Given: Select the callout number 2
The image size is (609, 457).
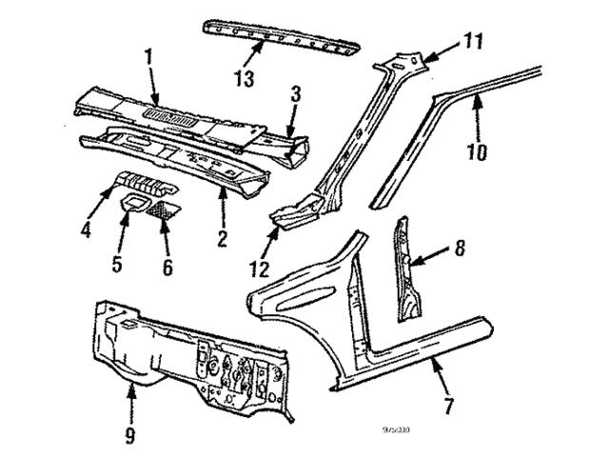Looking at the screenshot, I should (221, 237).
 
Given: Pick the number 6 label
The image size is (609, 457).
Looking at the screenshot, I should (167, 268).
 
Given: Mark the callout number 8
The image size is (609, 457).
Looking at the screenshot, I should (461, 249).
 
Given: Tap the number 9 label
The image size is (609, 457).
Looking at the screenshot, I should (129, 436).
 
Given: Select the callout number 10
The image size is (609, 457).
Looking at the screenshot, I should (477, 150).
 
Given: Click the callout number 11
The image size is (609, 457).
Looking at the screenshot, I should (447, 41).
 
